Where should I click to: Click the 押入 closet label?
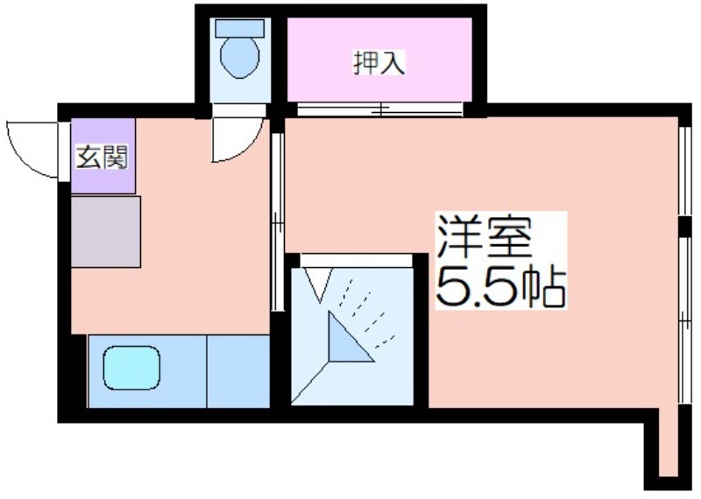click(x=379, y=63)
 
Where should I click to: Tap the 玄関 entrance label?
click(x=103, y=157)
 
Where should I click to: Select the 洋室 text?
click(x=485, y=236)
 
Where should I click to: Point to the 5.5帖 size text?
click(x=500, y=286)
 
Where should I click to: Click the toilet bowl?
click(x=240, y=57)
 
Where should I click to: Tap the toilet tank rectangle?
click(x=240, y=28)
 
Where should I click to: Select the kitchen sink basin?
click(x=132, y=368)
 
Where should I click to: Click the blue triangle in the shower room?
click(x=345, y=340)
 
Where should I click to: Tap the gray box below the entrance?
click(x=106, y=231)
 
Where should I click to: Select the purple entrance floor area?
click(x=103, y=156)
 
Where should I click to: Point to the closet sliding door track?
click(x=380, y=109)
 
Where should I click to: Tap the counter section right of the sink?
click(x=238, y=371)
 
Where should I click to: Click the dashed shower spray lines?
click(x=367, y=313)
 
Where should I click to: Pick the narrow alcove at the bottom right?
click(x=669, y=442)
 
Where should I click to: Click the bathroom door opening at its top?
click(x=356, y=260)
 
